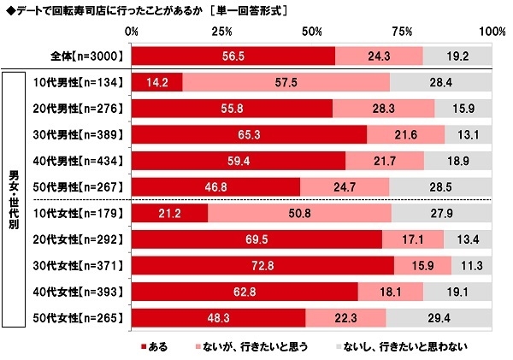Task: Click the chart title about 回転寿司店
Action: pyautogui.click(x=145, y=10)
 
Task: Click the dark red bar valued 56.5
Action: pyautogui.click(x=233, y=56)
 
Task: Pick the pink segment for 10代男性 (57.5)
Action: pyautogui.click(x=286, y=83)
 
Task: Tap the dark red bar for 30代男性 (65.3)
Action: pyautogui.click(x=249, y=135)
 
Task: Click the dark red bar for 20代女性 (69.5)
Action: pyautogui.click(x=256, y=240)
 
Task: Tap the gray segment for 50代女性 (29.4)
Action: pyautogui.click(x=439, y=319)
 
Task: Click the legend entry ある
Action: pyautogui.click(x=154, y=346)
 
